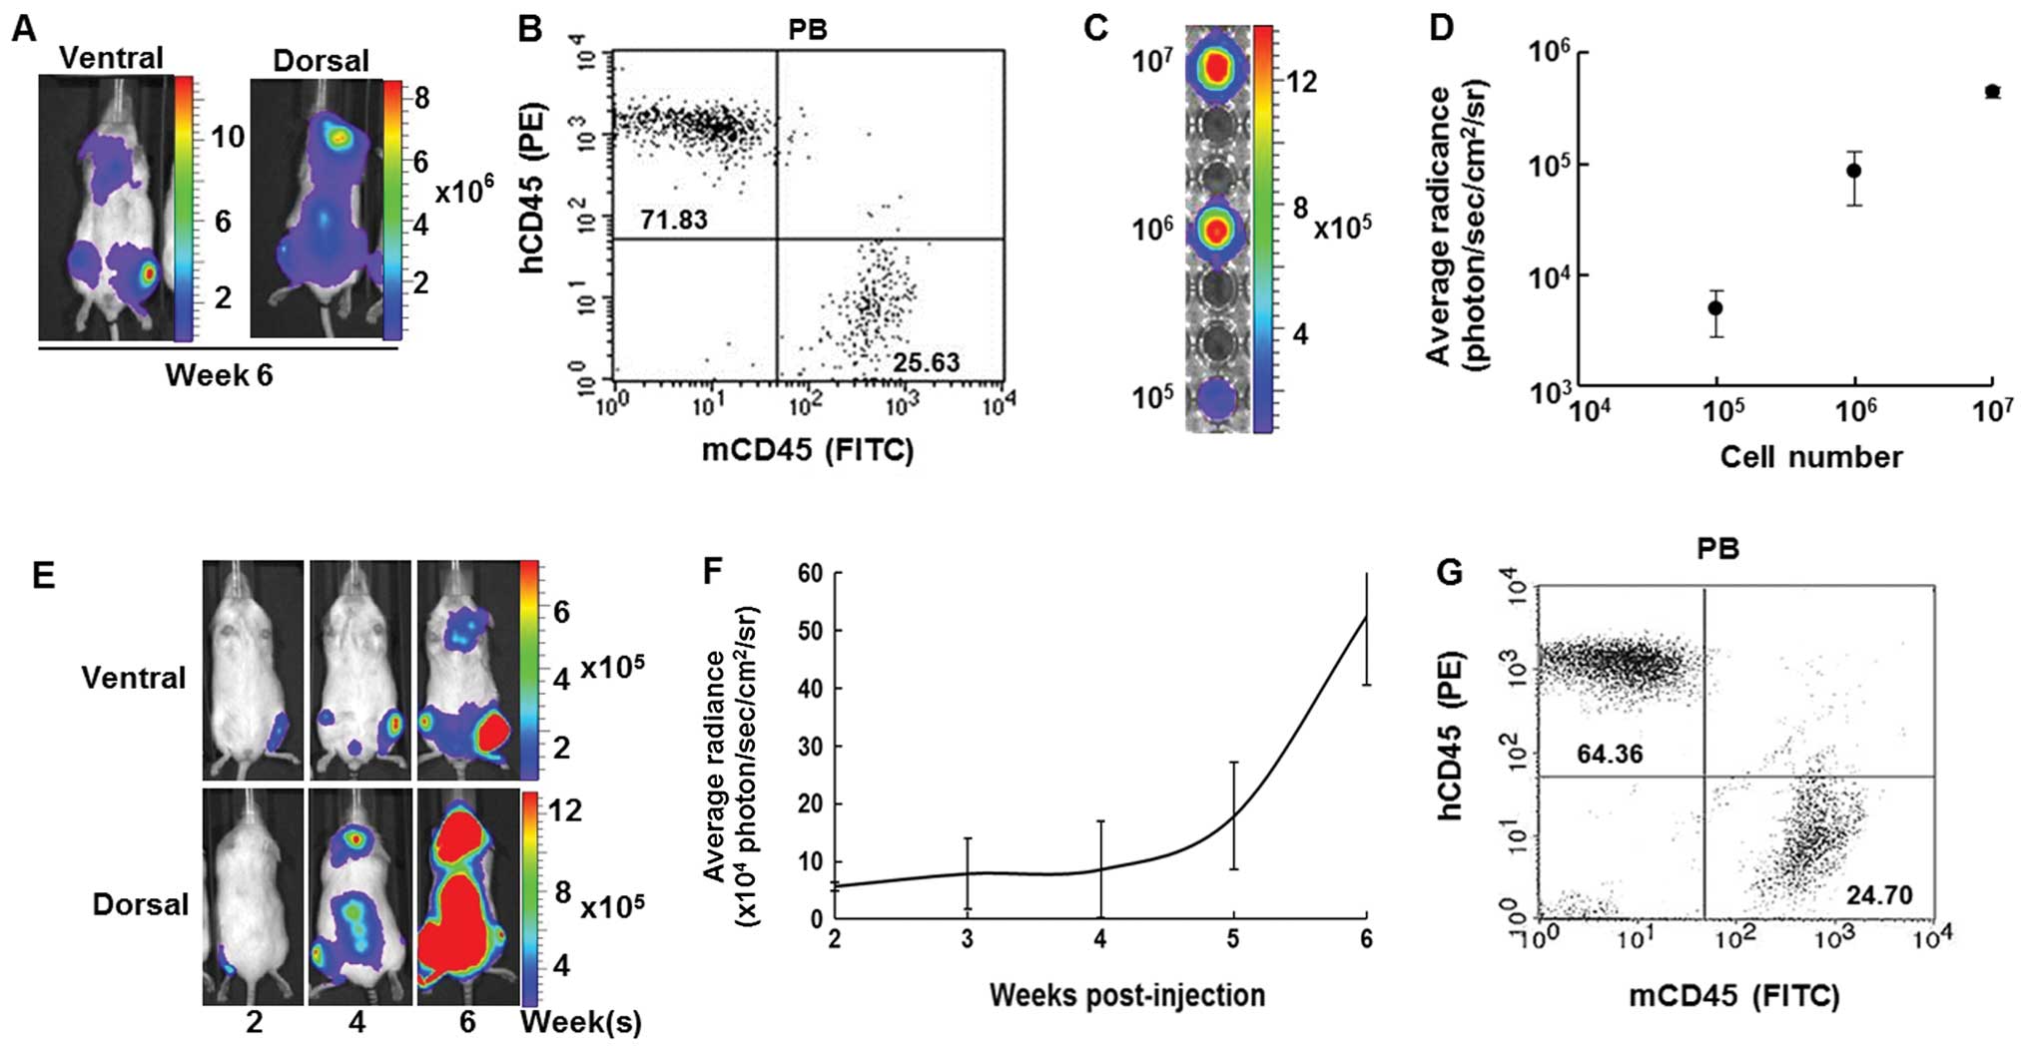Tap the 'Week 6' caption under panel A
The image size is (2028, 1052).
click(x=219, y=375)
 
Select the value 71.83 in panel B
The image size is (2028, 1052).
click(x=674, y=219)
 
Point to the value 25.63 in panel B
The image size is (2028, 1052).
click(x=926, y=362)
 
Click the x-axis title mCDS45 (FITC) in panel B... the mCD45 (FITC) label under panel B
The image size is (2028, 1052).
click(x=807, y=450)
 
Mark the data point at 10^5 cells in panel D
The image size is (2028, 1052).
click(x=1715, y=307)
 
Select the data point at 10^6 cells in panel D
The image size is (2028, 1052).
click(x=1854, y=170)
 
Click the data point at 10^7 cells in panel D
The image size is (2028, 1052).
click(x=1992, y=92)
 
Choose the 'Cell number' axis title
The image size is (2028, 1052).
click(x=1810, y=457)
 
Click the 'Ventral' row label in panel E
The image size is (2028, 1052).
click(x=134, y=678)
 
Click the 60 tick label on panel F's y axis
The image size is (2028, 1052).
click(x=810, y=573)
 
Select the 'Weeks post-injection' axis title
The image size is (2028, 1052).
click(x=1127, y=995)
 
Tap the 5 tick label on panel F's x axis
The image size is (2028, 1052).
click(x=1233, y=939)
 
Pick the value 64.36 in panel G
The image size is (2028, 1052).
click(x=1610, y=754)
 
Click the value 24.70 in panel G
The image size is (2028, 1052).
click(x=1878, y=894)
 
